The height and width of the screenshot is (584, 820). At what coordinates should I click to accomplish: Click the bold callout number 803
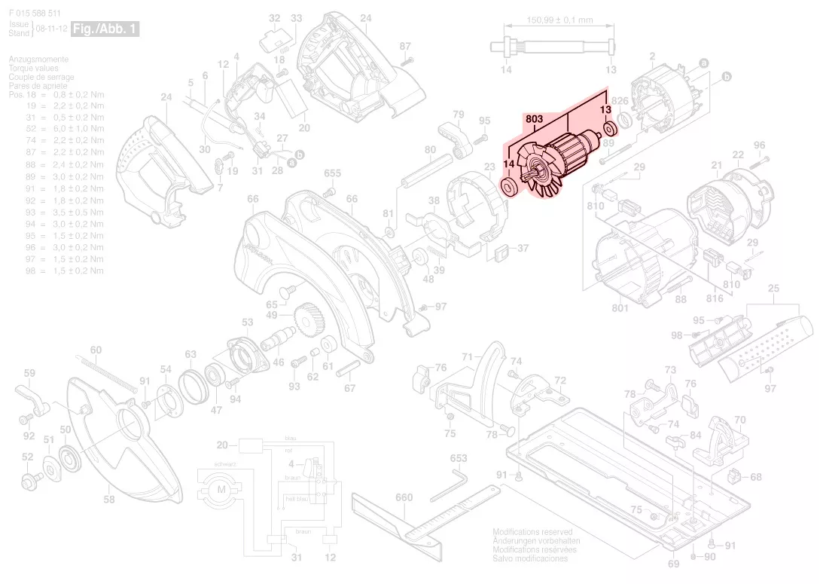coord(535,118)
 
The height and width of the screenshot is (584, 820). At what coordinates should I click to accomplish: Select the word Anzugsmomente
coord(38,60)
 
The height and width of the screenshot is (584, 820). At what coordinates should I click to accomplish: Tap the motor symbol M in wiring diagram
coord(221,491)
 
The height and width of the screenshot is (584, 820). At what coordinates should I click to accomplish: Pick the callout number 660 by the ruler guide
coord(404,497)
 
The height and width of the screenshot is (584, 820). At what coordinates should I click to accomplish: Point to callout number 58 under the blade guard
coord(109,500)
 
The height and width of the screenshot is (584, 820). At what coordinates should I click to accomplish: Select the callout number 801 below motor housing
coord(620,307)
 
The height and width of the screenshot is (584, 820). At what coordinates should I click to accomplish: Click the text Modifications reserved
coord(532,532)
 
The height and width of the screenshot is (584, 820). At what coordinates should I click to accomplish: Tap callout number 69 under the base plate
coord(673,564)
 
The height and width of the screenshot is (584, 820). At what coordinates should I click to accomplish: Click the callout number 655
coord(333,174)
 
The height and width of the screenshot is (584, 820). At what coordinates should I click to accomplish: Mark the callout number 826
coord(620,100)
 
